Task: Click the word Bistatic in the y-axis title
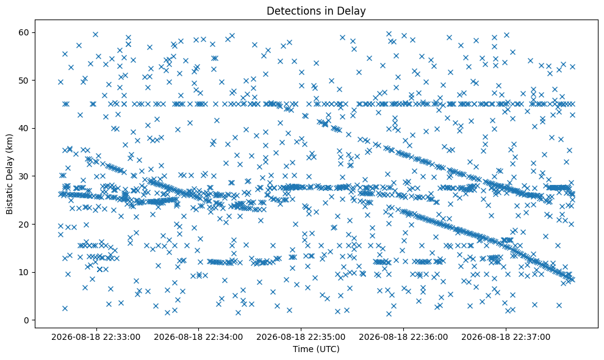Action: [x=10, y=197]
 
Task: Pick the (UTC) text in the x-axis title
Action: [x=328, y=349]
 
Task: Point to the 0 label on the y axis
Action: [x=27, y=320]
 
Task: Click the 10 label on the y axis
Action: [x=24, y=273]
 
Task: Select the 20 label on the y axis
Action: [x=24, y=225]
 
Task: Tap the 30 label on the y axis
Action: [x=24, y=176]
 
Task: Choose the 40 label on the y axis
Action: [x=24, y=128]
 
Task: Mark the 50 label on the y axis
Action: [x=24, y=81]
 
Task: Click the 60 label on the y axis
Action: [x=24, y=32]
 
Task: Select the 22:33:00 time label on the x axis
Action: [x=96, y=337]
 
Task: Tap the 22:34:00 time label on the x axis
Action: [x=198, y=337]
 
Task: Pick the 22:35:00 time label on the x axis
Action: [x=301, y=337]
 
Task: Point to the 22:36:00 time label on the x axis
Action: [x=403, y=337]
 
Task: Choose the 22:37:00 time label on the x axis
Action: [x=506, y=337]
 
